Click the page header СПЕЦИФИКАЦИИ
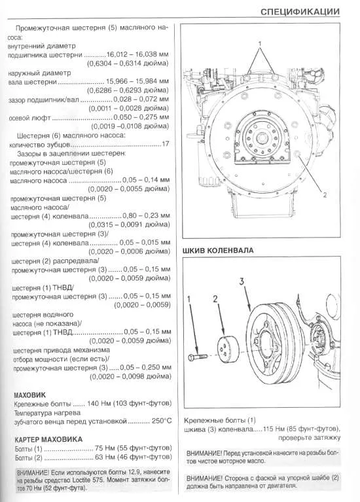click(299, 10)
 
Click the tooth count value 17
click(166, 144)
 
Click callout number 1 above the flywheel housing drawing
click(260, 43)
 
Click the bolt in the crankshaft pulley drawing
click(196, 359)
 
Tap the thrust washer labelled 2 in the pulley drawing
click(226, 350)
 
